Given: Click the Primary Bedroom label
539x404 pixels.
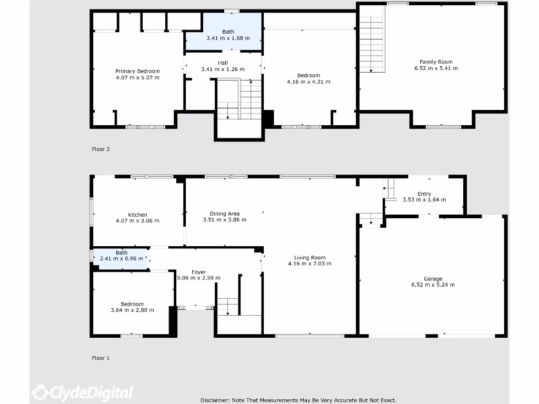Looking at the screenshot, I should (x=137, y=71).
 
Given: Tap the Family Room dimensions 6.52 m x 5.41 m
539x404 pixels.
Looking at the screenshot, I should (x=436, y=68).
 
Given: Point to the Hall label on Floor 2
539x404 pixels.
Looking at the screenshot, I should (x=223, y=63).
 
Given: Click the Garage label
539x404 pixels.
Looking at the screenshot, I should (x=433, y=279).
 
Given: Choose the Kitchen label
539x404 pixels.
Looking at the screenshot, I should (x=137, y=215).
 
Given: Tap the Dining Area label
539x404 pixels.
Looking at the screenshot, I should (x=225, y=214).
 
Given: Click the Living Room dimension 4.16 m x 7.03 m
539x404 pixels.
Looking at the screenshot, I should (x=310, y=264).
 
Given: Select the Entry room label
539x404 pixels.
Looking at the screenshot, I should (x=424, y=194).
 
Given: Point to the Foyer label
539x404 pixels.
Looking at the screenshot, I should (x=198, y=272).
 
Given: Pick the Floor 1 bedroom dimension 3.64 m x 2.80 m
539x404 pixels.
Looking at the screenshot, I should (x=132, y=310).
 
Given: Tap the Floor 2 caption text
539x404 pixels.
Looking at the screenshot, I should (x=101, y=149).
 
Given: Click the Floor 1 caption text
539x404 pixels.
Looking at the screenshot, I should (x=101, y=358).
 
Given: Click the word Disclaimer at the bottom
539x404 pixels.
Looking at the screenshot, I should (x=215, y=400).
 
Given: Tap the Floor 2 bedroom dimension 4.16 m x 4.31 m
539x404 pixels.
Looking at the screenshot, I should (x=308, y=82).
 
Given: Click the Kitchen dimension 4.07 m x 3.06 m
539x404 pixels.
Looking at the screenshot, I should (x=137, y=221).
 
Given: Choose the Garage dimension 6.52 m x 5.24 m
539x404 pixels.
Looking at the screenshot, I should (x=433, y=285).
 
